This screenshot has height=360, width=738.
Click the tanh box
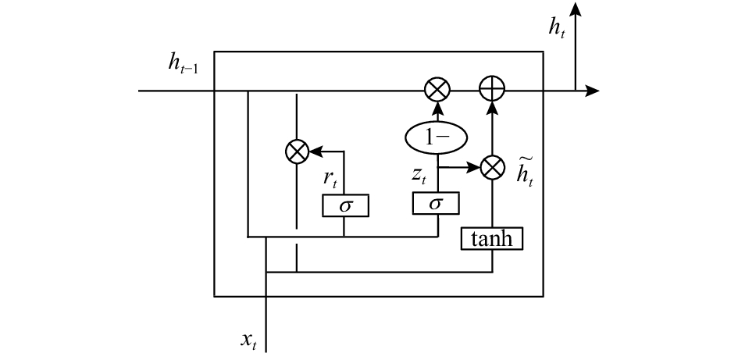tap(491, 239)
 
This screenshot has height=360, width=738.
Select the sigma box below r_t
tap(345, 205)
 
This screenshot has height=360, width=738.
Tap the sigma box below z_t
tap(436, 203)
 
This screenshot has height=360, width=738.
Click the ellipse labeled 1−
tap(437, 137)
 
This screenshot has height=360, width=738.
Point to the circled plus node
tap(492, 88)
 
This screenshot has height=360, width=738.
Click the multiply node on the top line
tap(437, 89)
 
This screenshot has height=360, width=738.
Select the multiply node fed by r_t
tap(298, 151)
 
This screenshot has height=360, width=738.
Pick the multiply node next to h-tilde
tap(493, 168)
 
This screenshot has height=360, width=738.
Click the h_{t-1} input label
tap(183, 62)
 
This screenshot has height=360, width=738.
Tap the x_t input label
tap(248, 340)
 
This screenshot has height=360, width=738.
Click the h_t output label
tap(556, 27)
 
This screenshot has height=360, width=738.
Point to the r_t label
tap(330, 179)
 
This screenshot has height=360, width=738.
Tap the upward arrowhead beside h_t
tap(575, 9)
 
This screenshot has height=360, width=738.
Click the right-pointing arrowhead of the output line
tap(592, 90)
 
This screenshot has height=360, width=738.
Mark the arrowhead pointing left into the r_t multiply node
tap(316, 151)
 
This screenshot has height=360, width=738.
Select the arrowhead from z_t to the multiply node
tap(472, 167)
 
